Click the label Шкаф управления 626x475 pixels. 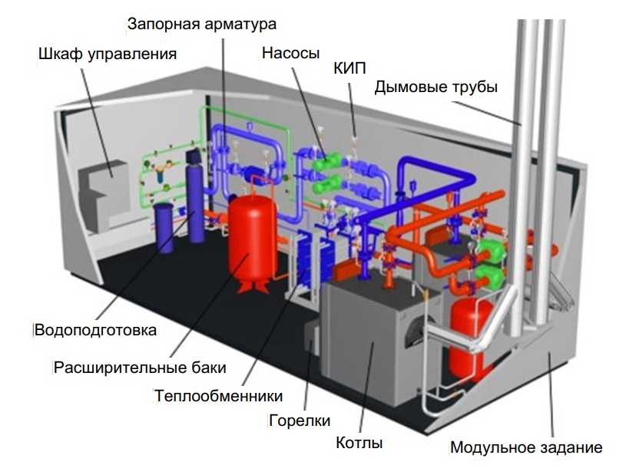tap(108, 54)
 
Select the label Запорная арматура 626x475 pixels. tap(201, 25)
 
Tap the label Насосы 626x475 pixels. tap(290, 54)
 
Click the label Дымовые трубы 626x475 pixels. tap(436, 87)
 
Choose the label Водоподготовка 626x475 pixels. tap(96, 331)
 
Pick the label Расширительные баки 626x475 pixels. tap(140, 367)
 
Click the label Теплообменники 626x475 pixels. tap(218, 396)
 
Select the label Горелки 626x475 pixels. tap(300, 421)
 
